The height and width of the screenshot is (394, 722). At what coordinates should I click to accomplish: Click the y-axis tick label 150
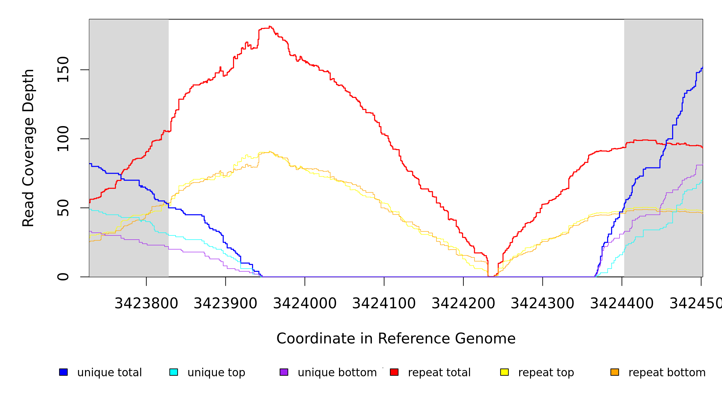click(63, 70)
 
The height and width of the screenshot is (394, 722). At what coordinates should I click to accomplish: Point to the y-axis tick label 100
click(63, 139)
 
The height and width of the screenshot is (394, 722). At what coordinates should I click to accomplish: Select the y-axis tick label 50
click(63, 208)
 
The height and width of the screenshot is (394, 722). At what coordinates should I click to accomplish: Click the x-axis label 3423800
click(146, 303)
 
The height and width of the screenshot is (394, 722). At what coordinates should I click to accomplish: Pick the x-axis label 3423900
click(225, 303)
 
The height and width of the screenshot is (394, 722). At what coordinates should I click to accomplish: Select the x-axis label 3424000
click(305, 303)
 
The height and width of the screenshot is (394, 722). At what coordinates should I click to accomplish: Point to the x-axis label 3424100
click(384, 303)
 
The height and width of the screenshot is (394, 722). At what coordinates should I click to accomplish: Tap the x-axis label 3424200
click(463, 303)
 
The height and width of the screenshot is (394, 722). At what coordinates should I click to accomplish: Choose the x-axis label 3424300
click(542, 303)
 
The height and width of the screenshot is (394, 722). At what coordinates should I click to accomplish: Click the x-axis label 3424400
click(622, 303)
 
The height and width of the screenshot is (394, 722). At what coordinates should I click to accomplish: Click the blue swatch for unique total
click(63, 372)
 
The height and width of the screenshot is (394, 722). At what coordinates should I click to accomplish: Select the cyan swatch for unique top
click(174, 372)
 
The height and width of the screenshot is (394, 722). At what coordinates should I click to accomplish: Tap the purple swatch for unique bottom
click(284, 372)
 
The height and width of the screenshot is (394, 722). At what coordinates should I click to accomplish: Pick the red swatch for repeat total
click(394, 372)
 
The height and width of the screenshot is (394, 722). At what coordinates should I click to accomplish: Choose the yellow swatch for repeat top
click(504, 372)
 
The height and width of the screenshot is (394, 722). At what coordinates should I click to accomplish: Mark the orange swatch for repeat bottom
click(615, 372)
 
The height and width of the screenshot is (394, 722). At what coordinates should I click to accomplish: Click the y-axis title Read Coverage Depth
click(28, 148)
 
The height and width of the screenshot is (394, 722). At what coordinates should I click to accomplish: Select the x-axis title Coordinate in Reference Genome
click(396, 339)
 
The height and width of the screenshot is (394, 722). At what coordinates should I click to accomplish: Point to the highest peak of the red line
click(270, 26)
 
